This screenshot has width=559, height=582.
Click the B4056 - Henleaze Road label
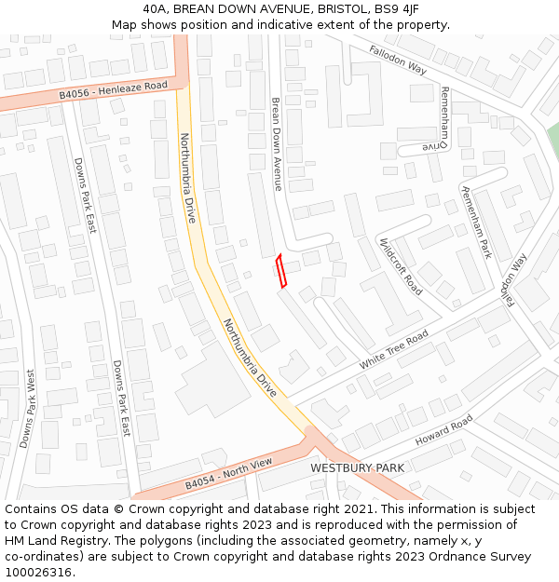(x=113, y=89)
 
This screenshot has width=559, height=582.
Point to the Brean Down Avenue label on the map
(x=276, y=144)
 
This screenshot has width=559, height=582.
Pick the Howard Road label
(x=443, y=430)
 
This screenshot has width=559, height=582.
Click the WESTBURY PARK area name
(x=357, y=467)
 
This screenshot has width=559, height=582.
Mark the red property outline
(x=281, y=271)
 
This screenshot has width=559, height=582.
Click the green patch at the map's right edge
(x=552, y=140)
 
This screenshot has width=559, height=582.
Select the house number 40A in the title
(x=156, y=9)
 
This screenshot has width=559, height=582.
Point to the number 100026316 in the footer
(x=37, y=572)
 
